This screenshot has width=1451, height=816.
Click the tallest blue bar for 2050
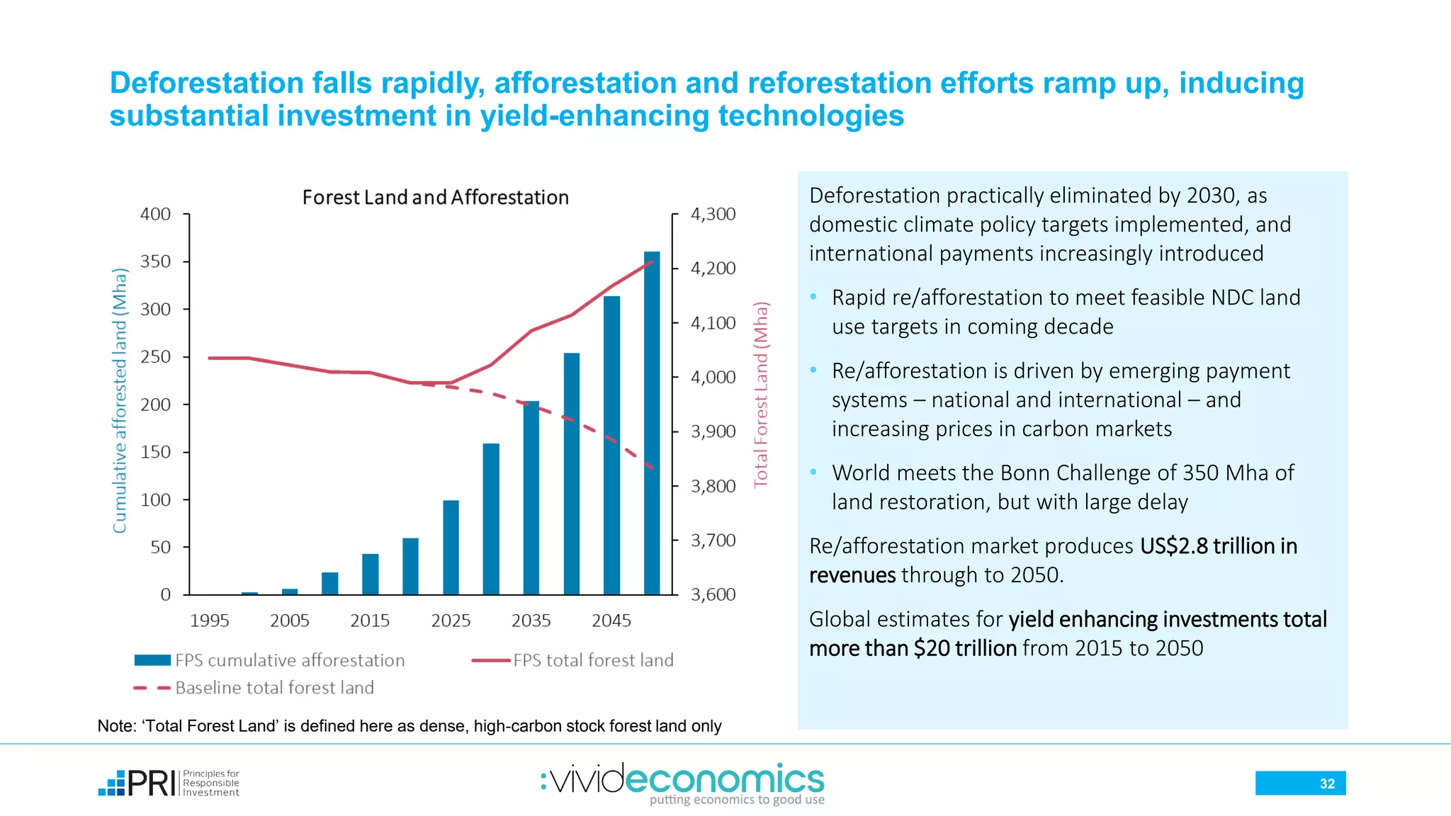coord(651,425)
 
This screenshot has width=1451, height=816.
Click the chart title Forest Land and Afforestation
coord(435,197)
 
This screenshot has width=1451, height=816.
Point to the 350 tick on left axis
coord(156,261)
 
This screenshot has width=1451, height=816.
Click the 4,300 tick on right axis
coord(713,214)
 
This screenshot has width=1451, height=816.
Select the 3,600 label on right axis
coord(713,594)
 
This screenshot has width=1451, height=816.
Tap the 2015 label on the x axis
coord(370,620)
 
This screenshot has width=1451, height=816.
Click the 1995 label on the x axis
coord(209,620)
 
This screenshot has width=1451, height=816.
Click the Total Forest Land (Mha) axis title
coord(761,395)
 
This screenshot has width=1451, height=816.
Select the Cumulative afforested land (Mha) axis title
coord(120,401)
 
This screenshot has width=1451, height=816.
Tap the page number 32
coord(1326,783)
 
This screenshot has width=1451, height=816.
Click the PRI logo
coord(169,783)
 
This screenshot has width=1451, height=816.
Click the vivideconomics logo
coord(683,782)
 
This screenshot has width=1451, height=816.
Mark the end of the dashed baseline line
coord(653,467)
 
